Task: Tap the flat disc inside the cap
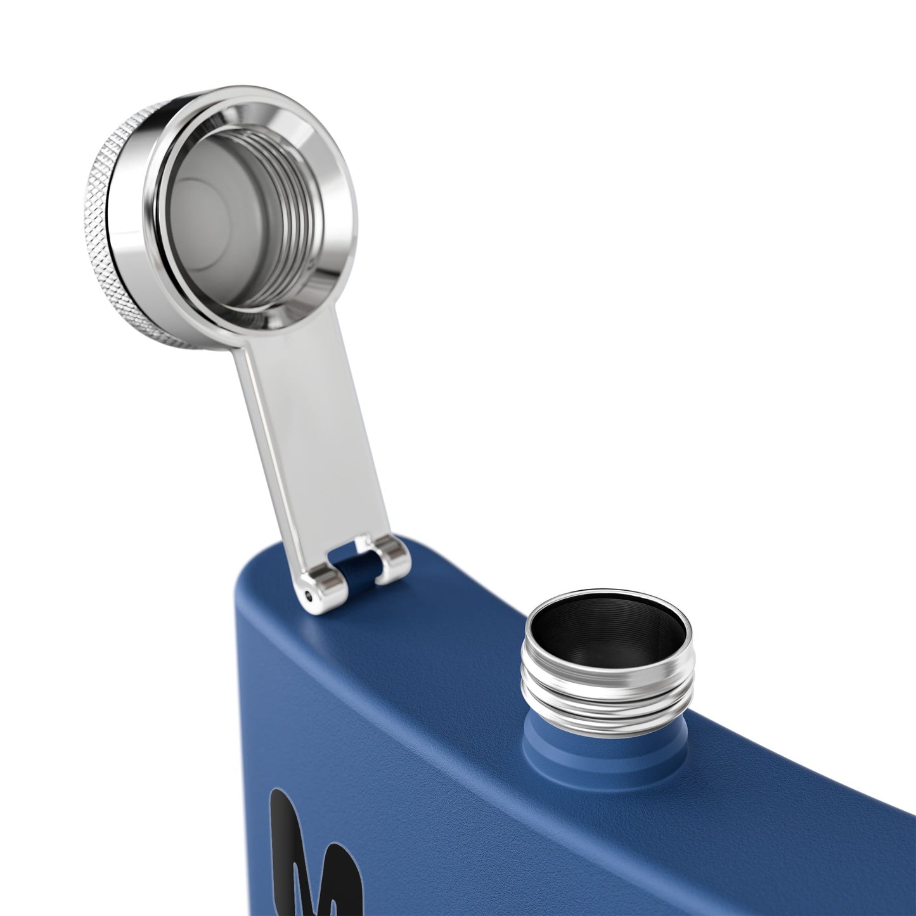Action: click(203, 209)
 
